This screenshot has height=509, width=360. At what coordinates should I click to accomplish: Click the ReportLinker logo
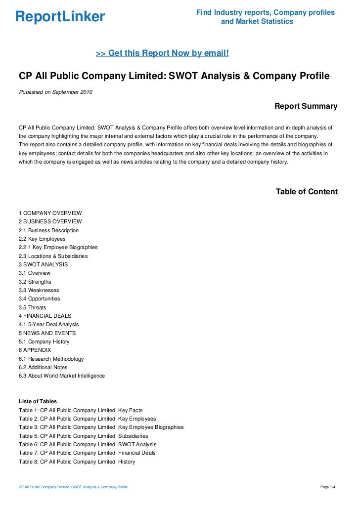(60, 17)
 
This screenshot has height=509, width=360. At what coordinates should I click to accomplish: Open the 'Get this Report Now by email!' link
(162, 53)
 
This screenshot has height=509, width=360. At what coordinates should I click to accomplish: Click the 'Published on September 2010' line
(55, 92)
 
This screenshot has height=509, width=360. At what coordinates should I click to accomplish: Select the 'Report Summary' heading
(306, 106)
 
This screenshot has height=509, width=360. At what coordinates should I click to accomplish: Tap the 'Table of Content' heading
(307, 192)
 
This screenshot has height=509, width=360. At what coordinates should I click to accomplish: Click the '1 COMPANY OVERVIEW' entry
(50, 213)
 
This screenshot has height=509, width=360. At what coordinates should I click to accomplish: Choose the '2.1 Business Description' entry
(48, 230)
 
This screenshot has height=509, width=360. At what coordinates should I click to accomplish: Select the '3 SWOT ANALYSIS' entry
(44, 264)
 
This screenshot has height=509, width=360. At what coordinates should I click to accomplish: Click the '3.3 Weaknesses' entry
(39, 290)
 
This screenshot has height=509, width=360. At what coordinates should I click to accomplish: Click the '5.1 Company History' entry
(44, 341)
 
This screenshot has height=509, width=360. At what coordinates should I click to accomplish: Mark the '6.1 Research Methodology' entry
(51, 359)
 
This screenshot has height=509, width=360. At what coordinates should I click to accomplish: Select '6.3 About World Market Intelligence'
(62, 376)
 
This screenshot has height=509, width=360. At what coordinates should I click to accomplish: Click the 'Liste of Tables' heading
(38, 401)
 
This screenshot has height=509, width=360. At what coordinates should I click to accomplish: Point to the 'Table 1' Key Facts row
(81, 410)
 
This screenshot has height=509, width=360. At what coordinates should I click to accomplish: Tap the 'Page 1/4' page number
(328, 487)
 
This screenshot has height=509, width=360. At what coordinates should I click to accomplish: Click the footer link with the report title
(73, 487)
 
